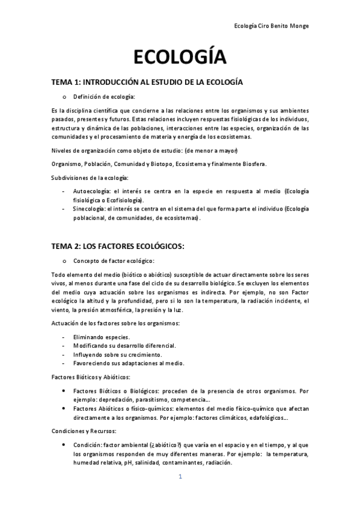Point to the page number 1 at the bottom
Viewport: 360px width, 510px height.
[180, 477]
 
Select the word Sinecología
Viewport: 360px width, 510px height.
[90, 209]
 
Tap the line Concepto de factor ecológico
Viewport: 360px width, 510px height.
[114, 260]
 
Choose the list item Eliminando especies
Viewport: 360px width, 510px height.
[101, 337]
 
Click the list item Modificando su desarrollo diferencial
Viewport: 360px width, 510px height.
[124, 346]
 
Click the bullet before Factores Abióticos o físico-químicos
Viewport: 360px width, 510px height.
[64, 409]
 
